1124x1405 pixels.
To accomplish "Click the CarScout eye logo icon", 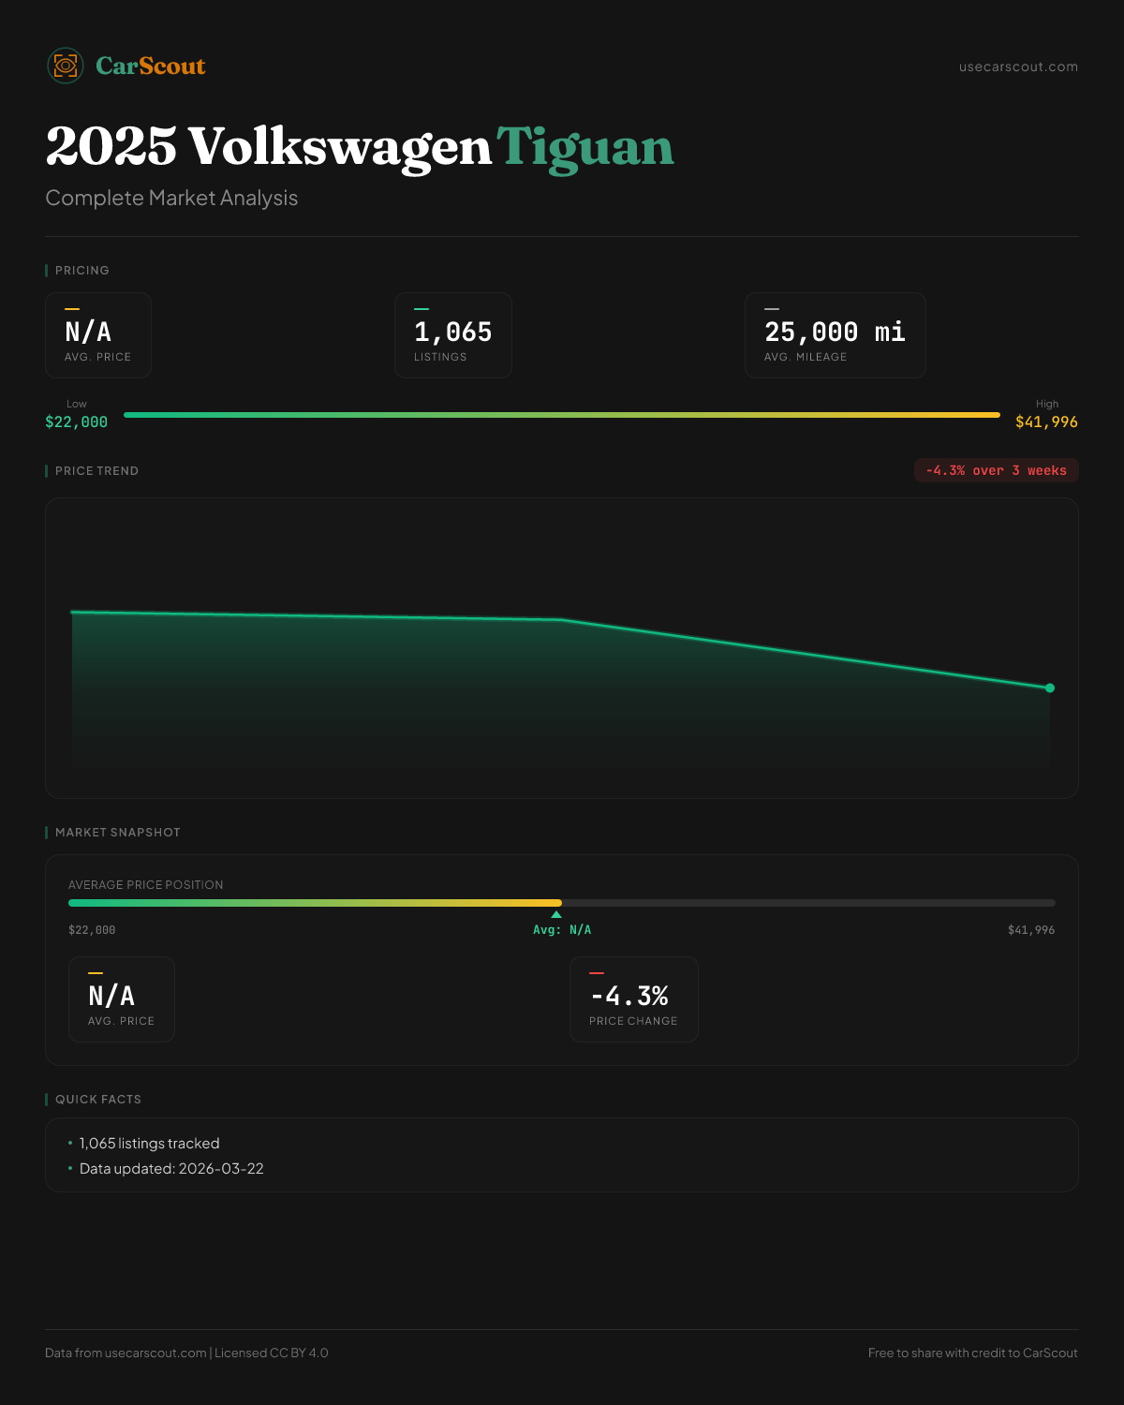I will tap(66, 66).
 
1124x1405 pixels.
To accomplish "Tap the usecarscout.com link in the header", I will tap(1018, 67).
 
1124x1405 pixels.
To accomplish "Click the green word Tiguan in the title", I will tap(584, 147).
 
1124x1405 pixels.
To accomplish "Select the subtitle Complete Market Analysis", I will tap(171, 198).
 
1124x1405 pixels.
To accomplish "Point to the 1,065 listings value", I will tap(452, 332).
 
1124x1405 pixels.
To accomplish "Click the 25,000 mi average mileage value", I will tap(835, 332).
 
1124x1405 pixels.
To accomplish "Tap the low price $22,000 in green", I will tap(76, 421).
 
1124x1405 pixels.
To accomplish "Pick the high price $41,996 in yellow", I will tap(1046, 421).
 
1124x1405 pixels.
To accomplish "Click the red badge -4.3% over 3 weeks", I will tap(996, 470).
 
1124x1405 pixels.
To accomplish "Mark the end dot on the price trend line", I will tap(1050, 688).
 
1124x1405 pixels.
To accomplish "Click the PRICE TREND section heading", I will tap(96, 470).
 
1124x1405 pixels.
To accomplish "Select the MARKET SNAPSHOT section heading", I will tap(117, 832).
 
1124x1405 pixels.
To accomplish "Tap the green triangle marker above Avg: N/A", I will tap(556, 914).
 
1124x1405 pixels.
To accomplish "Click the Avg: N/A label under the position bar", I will tap(562, 929).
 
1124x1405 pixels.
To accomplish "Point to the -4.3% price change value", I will tap(629, 996).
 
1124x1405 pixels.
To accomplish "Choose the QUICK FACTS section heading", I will tap(97, 1099).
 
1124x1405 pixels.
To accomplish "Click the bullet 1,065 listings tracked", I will tap(149, 1143).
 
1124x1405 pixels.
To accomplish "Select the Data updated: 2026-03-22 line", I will tap(171, 1168).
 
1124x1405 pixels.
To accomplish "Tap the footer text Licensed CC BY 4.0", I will tap(272, 1353).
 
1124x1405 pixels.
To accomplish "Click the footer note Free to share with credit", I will tap(972, 1353).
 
